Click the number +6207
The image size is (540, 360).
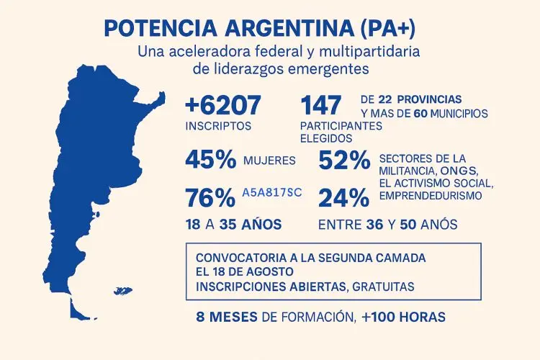(x=222, y=106)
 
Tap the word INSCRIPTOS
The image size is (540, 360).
(x=218, y=125)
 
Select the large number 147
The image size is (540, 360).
(x=321, y=106)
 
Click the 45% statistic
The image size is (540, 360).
(x=210, y=160)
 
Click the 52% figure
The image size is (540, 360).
(x=344, y=160)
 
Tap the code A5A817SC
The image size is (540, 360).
(x=272, y=193)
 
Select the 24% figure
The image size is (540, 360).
(x=344, y=197)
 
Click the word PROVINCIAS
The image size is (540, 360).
(x=428, y=99)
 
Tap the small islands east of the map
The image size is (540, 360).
(x=123, y=291)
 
